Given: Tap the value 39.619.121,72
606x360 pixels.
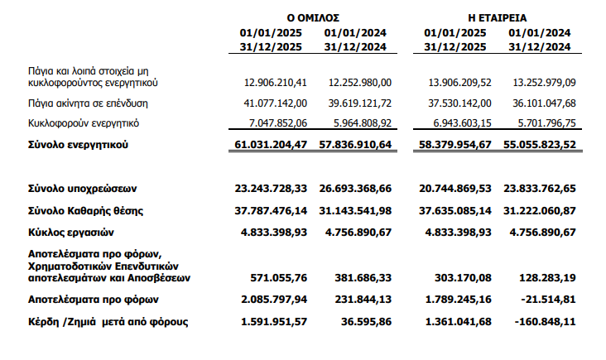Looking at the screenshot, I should tap(359, 103).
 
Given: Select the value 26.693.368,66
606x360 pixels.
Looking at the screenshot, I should tap(357, 190).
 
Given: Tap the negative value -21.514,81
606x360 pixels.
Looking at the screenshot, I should tap(547, 299).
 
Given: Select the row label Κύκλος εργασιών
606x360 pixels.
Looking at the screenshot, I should tap(70, 232).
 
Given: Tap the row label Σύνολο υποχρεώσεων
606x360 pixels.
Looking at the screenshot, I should tap(79, 190).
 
